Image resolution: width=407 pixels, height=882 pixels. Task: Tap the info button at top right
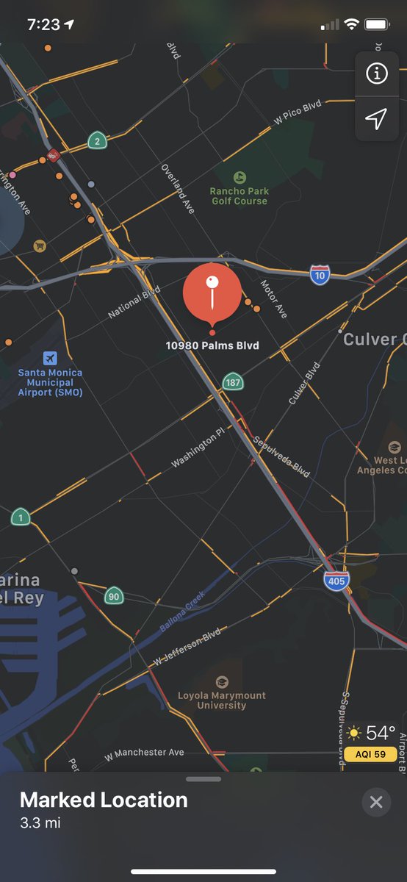point(376,73)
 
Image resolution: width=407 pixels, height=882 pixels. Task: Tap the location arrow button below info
point(376,119)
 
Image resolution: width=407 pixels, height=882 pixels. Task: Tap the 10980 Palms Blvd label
point(212,345)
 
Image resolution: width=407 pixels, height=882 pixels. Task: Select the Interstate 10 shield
point(320,275)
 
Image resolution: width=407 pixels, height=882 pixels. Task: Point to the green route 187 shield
point(233,382)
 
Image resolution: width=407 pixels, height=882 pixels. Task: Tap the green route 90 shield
point(113,595)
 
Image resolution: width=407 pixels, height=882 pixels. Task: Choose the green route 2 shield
point(96,140)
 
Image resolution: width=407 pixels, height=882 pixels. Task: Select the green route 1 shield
point(21,517)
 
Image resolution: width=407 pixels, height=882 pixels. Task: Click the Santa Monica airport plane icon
point(50,358)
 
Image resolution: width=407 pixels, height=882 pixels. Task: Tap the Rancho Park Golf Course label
point(239,196)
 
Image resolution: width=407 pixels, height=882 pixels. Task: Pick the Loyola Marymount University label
point(222,700)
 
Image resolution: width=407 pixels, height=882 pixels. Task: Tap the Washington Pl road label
point(194,451)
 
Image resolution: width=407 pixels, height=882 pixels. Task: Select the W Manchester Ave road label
point(144,753)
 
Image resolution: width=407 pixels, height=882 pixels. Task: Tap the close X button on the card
point(376,802)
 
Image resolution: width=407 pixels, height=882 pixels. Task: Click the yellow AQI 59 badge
point(372,754)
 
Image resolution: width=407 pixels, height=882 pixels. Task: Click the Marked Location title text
point(104,800)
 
